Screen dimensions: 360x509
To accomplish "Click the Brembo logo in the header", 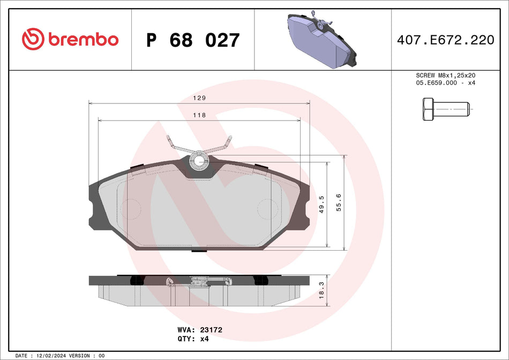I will tap(70, 39).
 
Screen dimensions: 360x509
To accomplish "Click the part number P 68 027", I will tap(193, 40).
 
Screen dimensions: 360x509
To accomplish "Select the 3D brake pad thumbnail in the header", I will tap(320, 40).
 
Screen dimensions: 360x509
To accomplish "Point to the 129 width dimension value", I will tap(199, 98).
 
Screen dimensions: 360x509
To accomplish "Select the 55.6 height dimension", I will tap(338, 203).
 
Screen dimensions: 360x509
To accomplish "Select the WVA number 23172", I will tap(211, 331).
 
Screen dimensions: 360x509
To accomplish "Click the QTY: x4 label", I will tap(192, 339).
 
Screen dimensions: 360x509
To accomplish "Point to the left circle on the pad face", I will tap(130, 208).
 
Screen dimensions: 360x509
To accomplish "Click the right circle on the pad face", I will tap(268, 208).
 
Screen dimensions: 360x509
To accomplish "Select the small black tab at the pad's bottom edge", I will tap(199, 250).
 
